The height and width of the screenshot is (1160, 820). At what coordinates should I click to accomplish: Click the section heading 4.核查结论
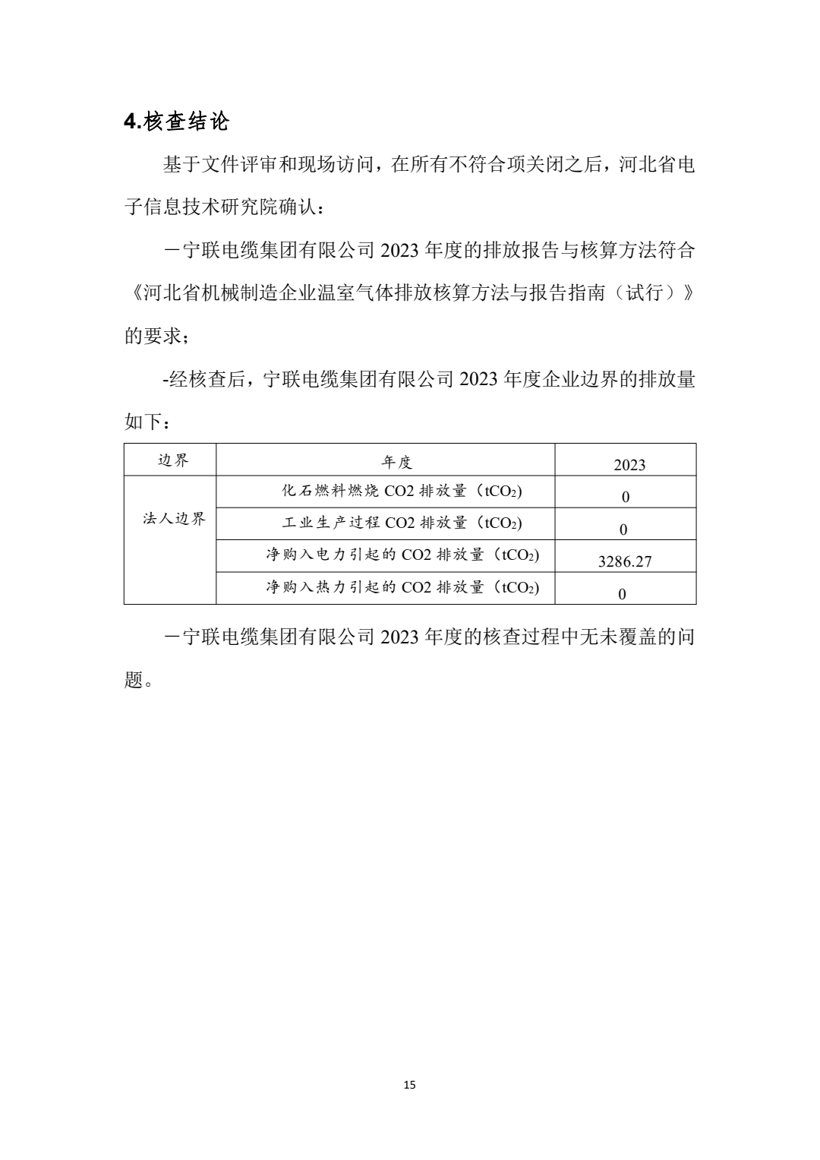(176, 122)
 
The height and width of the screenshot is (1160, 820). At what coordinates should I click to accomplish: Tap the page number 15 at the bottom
(410, 1085)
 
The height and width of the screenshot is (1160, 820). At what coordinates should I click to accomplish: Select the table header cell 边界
(173, 460)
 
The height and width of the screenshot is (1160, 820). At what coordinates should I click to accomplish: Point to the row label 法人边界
(174, 520)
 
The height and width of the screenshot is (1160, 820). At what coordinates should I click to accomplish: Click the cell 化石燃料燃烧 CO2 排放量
(402, 491)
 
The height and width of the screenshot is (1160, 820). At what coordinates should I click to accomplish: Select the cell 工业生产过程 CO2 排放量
(402, 523)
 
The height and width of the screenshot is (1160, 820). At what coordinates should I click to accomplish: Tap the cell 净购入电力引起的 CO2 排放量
(402, 555)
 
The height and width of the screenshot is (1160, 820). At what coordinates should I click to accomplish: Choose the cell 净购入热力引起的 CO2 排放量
(402, 587)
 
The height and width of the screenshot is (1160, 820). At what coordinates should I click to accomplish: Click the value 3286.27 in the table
(625, 562)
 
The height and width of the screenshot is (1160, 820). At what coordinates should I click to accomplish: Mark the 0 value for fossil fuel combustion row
(625, 498)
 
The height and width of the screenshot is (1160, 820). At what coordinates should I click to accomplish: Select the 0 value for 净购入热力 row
(622, 594)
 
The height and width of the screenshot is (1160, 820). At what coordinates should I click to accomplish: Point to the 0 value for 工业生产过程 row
(623, 529)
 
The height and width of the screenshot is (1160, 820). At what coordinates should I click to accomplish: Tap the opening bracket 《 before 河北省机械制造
(133, 293)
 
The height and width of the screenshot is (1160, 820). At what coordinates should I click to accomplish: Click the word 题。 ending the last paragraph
(138, 680)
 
